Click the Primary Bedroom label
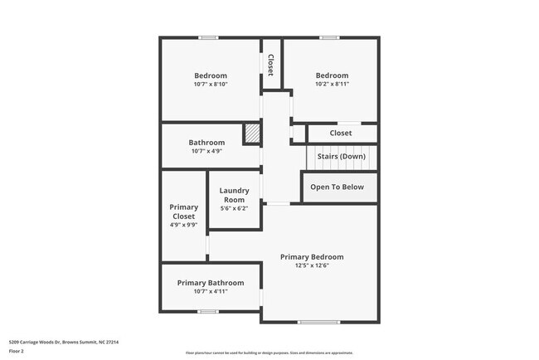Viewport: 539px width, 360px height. click(312, 257)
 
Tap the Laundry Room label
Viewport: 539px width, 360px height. click(234, 195)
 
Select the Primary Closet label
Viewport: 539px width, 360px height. click(183, 212)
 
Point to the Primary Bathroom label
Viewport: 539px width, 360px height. click(211, 283)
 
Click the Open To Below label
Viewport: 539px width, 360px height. click(337, 187)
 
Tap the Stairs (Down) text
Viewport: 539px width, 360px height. click(342, 157)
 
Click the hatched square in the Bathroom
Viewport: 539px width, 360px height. click(251, 134)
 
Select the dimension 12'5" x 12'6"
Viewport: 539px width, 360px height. click(312, 266)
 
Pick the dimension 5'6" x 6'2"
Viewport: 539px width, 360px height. click(234, 208)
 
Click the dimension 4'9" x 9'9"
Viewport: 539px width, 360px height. click(183, 225)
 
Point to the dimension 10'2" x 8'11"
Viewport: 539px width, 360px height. click(332, 85)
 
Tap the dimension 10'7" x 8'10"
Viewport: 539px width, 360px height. click(211, 85)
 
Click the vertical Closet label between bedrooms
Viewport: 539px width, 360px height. click(270, 65)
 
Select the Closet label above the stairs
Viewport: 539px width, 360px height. click(341, 133)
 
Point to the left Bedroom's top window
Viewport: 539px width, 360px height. click(209, 37)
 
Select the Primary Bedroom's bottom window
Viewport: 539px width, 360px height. click(318, 322)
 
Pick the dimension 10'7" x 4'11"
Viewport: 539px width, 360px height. click(211, 292)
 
